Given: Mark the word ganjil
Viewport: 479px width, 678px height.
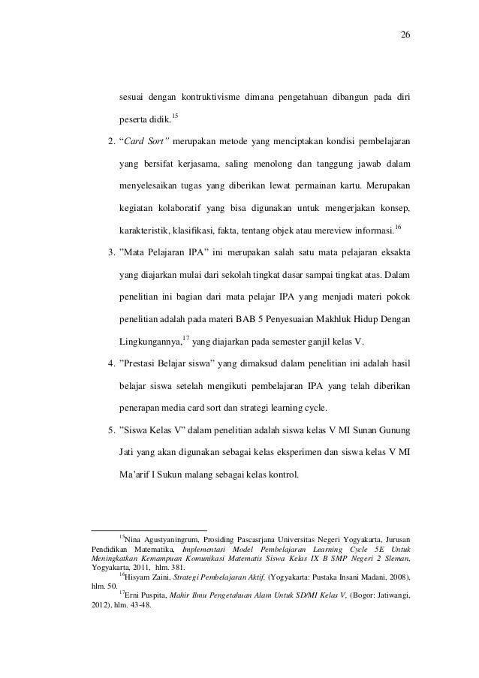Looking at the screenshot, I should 306,344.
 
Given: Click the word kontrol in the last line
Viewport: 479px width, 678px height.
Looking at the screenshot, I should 283,476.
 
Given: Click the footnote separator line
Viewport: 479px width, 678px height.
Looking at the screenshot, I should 148,531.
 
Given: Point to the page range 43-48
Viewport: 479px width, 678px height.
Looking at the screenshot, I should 139,609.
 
